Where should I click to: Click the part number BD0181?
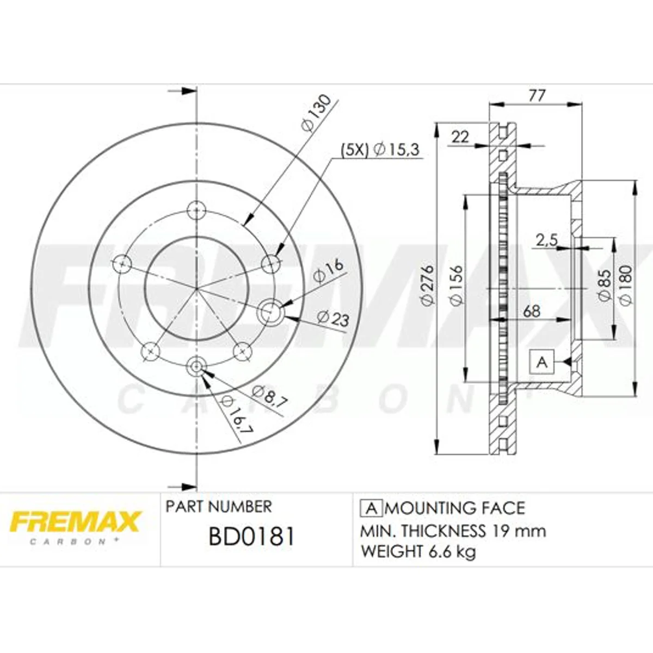[252, 537]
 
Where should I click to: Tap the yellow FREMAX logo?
[75, 522]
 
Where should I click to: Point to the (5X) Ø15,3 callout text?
[380, 150]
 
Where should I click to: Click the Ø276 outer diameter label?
[428, 285]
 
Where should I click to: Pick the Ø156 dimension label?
[456, 285]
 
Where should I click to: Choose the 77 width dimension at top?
[537, 96]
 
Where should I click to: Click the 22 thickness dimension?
[460, 137]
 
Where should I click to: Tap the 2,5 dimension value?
[546, 241]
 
